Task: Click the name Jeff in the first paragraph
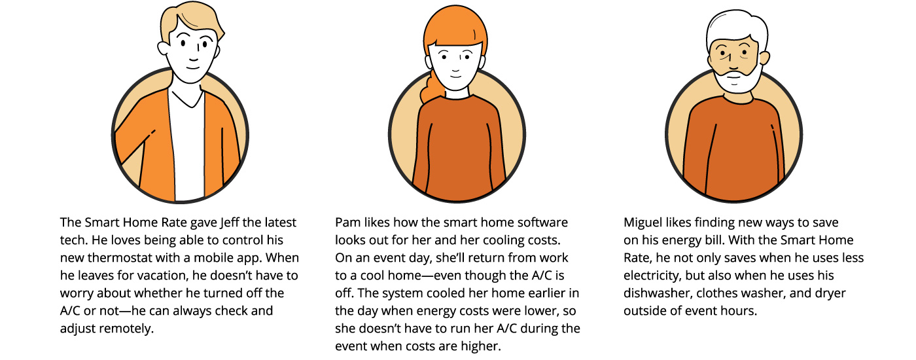coord(230,223)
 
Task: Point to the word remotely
coord(127,329)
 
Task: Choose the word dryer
coord(830,294)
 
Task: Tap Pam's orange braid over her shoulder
coord(429,86)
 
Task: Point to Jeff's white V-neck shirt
coord(186,143)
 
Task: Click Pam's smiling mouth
coord(455,76)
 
